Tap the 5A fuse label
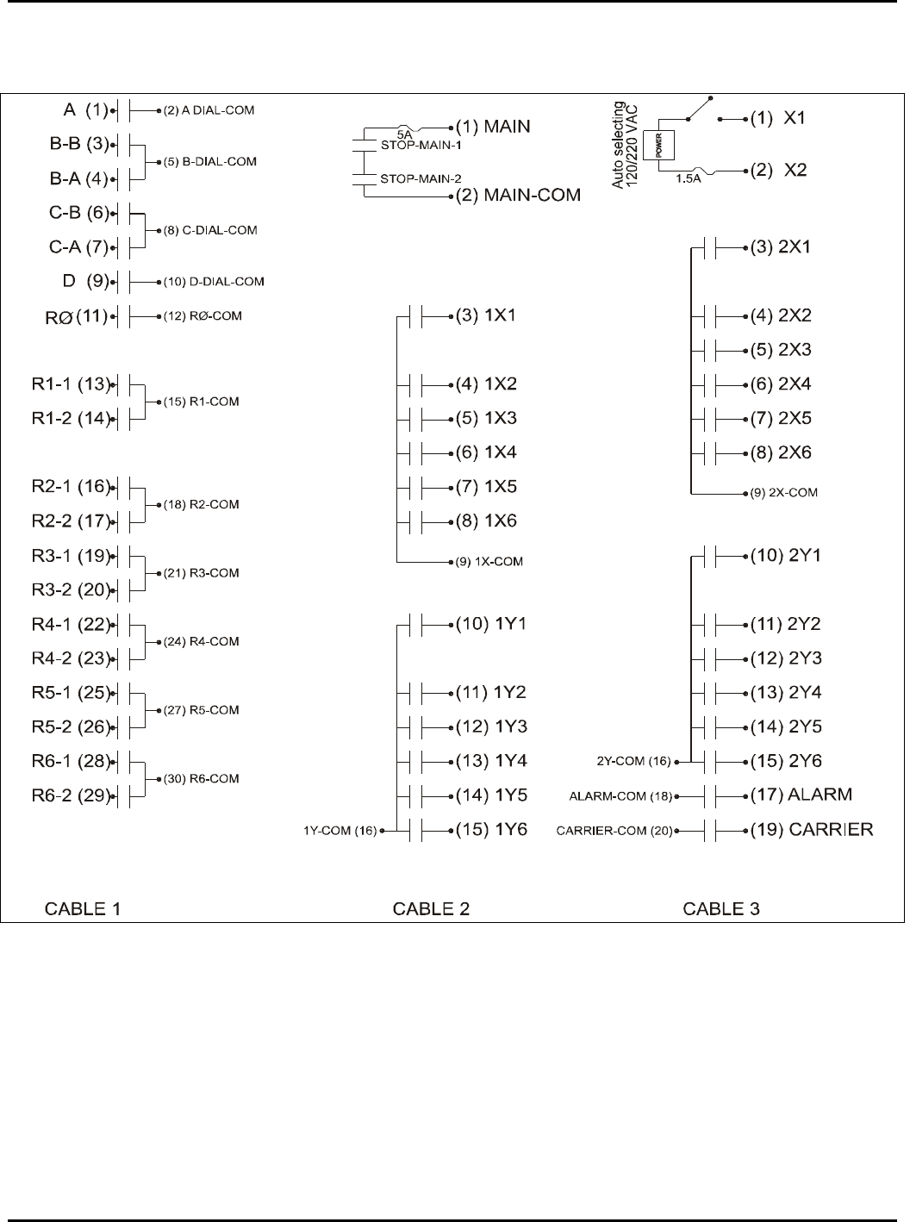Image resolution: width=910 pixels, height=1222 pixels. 405,134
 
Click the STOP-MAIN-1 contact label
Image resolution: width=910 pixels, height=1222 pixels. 421,146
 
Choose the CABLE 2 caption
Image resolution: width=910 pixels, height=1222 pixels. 431,908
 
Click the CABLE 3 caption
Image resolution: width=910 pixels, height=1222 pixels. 721,908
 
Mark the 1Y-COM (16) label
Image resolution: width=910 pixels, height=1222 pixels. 340,831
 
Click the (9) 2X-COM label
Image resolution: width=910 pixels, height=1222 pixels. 783,493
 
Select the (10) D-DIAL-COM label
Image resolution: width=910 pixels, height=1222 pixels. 214,282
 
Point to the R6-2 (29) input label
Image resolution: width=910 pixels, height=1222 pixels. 72,795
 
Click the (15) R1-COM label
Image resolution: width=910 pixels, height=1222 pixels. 201,402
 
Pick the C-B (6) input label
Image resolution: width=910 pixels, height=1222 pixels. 78,213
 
